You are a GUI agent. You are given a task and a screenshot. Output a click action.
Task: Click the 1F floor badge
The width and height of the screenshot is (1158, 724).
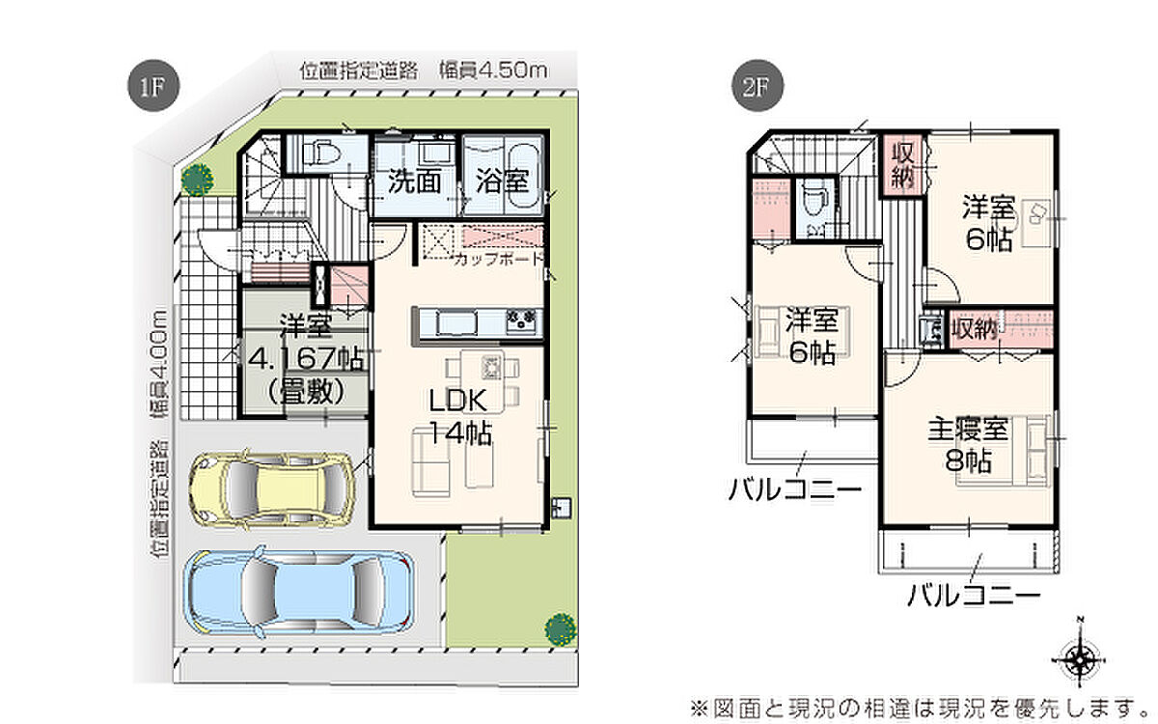[153, 86]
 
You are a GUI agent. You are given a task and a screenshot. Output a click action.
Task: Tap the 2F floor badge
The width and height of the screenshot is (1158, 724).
[758, 86]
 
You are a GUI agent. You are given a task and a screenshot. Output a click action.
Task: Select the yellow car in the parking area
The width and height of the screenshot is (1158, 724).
[271, 489]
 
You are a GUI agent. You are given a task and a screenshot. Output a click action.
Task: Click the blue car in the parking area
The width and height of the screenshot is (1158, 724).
[300, 591]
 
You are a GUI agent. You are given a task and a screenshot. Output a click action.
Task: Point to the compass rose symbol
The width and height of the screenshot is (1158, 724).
[1079, 659]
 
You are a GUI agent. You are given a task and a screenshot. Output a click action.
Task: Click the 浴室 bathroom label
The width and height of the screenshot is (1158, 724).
[502, 181]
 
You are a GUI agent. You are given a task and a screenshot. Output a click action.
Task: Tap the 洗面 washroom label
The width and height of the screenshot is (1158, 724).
[414, 181]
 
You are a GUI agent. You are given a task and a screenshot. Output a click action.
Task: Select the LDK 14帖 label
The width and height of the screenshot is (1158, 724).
[459, 416]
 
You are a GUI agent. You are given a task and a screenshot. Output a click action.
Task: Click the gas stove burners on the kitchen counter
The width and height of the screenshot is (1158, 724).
[521, 321]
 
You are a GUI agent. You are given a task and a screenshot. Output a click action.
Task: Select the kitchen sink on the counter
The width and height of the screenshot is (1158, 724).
[455, 323]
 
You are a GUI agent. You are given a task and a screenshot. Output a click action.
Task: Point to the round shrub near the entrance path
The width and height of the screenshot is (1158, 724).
[197, 180]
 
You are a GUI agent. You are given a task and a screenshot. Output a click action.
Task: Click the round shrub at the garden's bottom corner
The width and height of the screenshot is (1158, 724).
[561, 628]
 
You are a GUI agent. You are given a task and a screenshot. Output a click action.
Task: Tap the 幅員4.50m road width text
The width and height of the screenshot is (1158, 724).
[493, 70]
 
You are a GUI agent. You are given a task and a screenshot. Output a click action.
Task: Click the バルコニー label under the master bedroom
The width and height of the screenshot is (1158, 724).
[974, 596]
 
